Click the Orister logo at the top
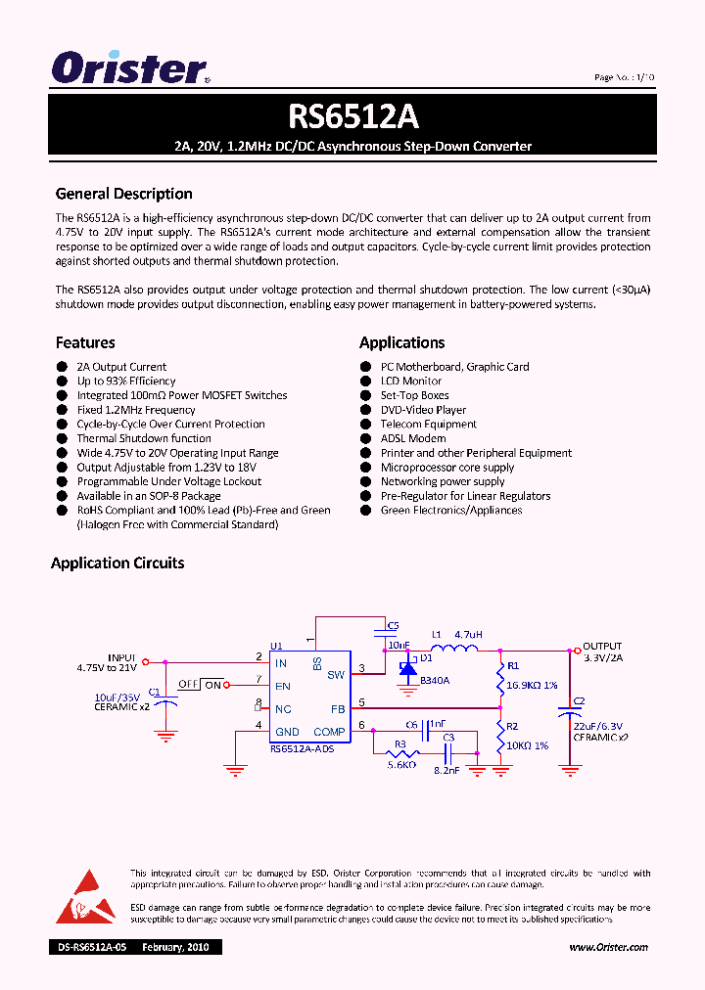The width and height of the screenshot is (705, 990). click(130, 67)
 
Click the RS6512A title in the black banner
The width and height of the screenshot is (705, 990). click(352, 116)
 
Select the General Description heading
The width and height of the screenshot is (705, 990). click(123, 194)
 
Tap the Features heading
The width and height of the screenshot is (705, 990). click(85, 342)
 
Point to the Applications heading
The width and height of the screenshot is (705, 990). click(401, 342)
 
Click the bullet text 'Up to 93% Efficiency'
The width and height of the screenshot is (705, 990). click(126, 382)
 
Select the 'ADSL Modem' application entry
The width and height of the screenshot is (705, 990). click(413, 438)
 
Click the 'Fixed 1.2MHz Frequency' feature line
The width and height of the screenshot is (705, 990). click(136, 410)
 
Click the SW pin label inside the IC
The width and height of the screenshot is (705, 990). click(336, 674)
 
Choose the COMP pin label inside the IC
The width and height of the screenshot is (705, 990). click(329, 732)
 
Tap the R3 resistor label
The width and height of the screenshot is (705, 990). click(399, 744)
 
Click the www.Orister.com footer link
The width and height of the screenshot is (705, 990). click(608, 947)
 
